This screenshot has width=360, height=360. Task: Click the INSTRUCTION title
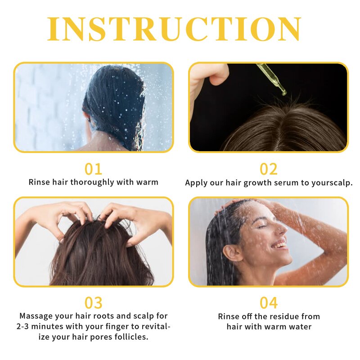pos(174,29)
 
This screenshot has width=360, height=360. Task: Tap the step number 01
pos(93,169)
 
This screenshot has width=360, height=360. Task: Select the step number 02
pos(269,169)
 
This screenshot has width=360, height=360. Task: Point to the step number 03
pos(93,302)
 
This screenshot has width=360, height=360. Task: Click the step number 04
pos(269,302)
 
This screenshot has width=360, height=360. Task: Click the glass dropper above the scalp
pos(272,79)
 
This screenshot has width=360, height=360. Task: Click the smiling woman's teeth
pos(280,245)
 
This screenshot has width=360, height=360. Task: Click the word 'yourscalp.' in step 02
pos(332,183)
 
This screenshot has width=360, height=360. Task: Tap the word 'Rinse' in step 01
pos(39,182)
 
